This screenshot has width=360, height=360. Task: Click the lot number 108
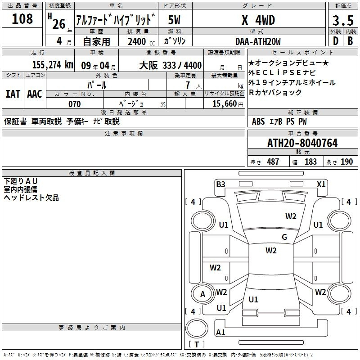tap(22, 19)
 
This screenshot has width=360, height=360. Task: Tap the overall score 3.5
tap(343, 20)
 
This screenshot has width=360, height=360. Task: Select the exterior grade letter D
tap(335, 41)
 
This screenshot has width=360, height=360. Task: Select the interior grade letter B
tap(350, 41)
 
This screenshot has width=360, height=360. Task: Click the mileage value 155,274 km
tap(53, 65)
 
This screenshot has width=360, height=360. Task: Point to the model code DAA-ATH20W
tap(258, 41)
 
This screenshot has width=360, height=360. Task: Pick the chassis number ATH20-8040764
tap(302, 143)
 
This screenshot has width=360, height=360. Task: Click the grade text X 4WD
tap(258, 20)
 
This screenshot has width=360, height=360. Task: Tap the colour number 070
tap(75, 104)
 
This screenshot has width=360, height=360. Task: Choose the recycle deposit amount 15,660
tap(225, 104)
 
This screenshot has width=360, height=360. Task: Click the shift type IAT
tap(13, 94)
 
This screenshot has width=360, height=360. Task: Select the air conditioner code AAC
tap(35, 94)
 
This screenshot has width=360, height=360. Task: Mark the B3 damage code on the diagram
tap(220, 184)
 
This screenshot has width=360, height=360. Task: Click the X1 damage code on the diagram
tap(321, 184)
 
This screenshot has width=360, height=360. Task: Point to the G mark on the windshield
tap(284, 237)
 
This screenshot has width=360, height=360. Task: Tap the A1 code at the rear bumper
tap(220, 332)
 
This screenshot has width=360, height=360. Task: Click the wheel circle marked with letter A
tap(202, 294)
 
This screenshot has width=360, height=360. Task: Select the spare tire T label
tap(197, 344)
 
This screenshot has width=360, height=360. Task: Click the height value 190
tap(346, 162)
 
